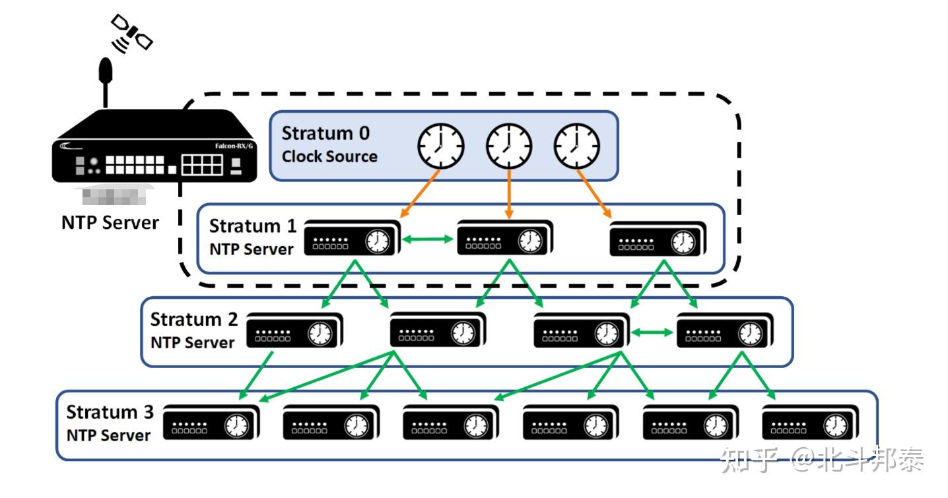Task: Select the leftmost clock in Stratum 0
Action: (441, 145)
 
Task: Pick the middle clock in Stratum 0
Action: (508, 145)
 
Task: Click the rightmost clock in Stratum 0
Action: (576, 145)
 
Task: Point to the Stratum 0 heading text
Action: (325, 133)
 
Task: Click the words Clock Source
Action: (329, 157)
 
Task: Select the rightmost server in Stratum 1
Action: (658, 239)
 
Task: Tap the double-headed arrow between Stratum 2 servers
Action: (650, 334)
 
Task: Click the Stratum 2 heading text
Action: (193, 320)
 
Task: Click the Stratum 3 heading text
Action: (110, 413)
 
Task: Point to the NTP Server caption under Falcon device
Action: (110, 223)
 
